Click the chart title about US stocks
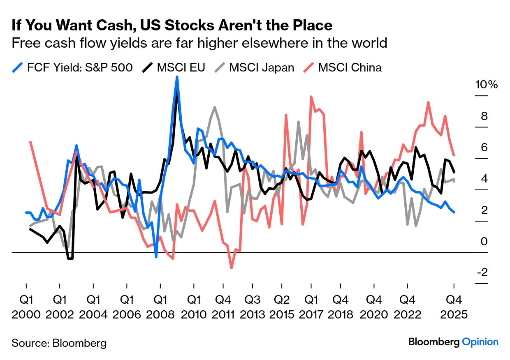172,25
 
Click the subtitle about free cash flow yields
199,43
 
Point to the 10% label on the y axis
486,85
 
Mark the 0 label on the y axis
484,241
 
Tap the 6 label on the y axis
484,148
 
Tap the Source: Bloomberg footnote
59,343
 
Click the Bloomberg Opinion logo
453,342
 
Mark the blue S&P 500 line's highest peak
177,77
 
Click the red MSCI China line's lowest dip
232,268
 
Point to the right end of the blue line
454,212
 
